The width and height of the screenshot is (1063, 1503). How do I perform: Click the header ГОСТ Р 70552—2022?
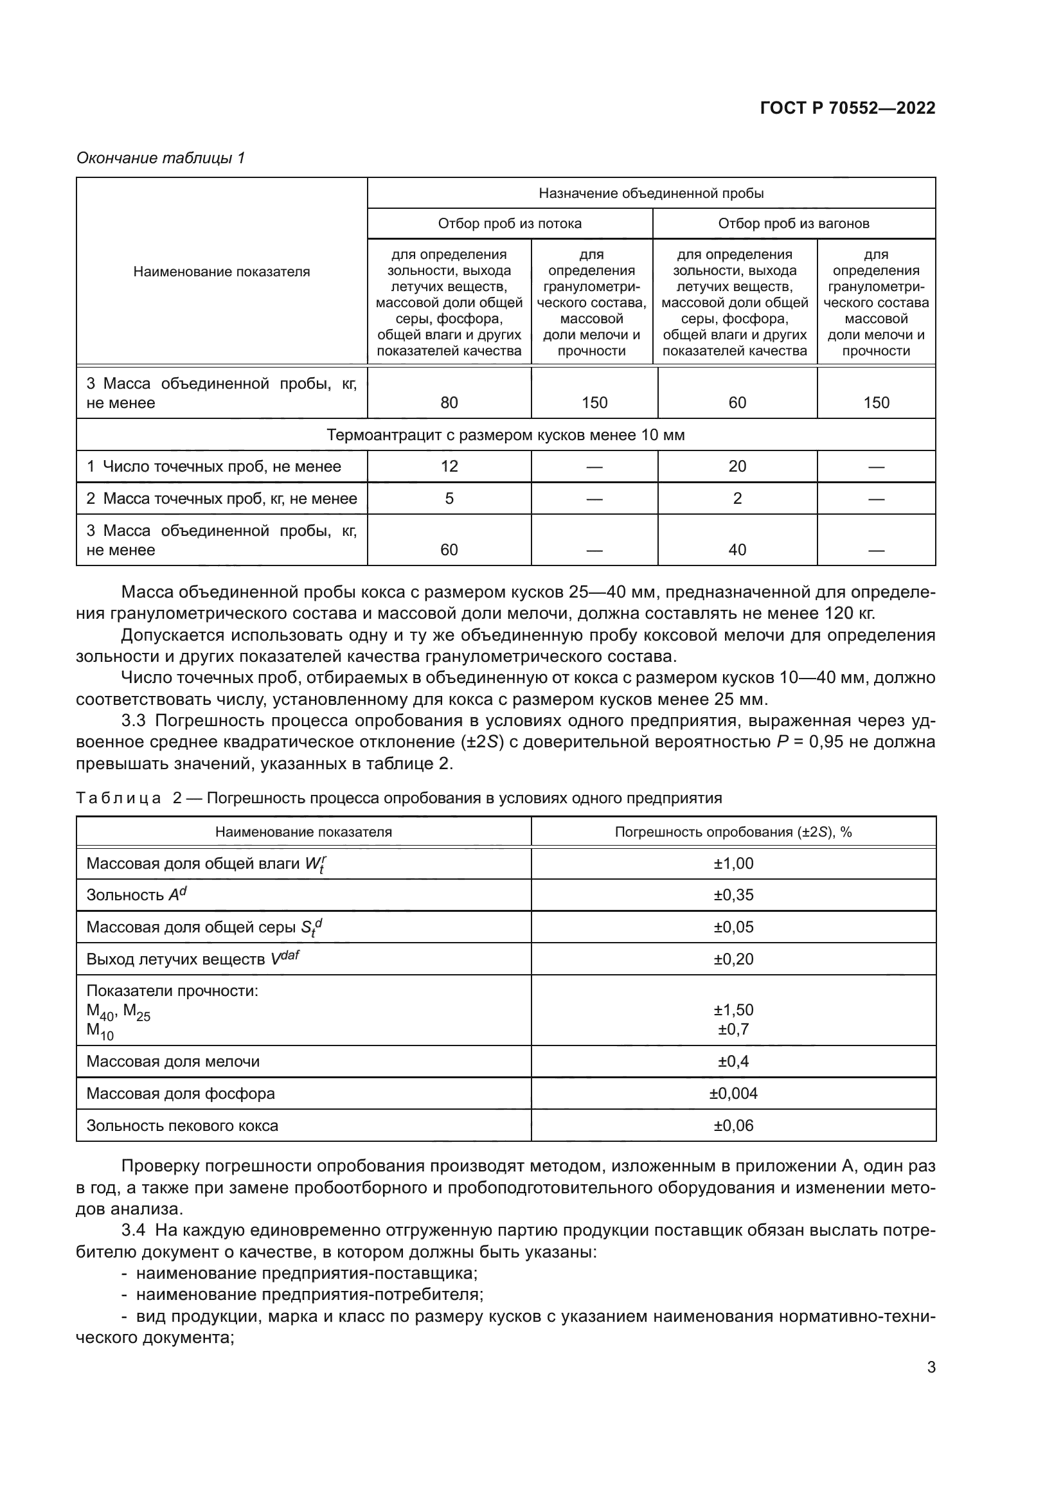(847, 108)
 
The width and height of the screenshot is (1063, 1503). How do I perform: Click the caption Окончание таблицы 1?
(161, 158)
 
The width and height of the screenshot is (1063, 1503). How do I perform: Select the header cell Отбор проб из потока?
(509, 224)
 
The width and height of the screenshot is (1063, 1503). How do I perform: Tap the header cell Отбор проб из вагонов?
(793, 224)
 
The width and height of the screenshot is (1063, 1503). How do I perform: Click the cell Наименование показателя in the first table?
(221, 272)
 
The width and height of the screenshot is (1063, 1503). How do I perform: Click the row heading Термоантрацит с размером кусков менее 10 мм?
(505, 435)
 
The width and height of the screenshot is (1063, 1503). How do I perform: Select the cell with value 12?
(449, 466)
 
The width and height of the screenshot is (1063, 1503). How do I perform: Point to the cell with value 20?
(737, 466)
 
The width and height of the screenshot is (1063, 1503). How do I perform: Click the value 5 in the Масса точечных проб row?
(449, 498)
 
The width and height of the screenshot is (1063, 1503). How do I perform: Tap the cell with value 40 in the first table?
(737, 550)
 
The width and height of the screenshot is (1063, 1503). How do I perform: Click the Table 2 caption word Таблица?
(118, 798)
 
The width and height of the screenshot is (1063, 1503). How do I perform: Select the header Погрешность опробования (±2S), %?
(733, 832)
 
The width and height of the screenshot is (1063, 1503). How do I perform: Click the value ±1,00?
(733, 864)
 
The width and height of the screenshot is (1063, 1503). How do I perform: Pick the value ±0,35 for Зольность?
(733, 895)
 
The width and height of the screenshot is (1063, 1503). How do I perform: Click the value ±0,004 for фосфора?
(733, 1094)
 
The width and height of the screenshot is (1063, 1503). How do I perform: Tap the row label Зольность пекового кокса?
(182, 1126)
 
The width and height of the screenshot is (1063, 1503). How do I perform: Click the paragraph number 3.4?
(133, 1230)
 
